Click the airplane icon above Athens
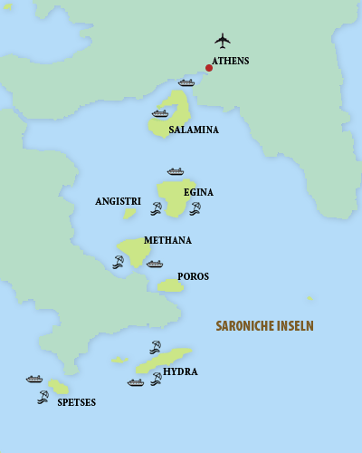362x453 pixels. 223,40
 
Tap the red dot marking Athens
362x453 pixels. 209,67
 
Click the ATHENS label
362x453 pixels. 231,62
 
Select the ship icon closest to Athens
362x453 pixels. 186,82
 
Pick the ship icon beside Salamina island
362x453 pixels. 160,113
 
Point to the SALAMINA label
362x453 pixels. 194,130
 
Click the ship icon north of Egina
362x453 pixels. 176,171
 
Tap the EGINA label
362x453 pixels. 198,192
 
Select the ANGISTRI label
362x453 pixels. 118,201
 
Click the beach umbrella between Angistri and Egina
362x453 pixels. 156,208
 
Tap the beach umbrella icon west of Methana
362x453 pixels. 118,262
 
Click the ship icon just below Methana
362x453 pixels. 155,265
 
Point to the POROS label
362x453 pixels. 193,276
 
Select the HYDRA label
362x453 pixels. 181,371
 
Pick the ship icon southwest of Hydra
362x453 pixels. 136,382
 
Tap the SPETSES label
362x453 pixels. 76,401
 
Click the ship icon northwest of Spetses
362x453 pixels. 34,379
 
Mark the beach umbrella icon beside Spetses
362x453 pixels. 43,396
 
